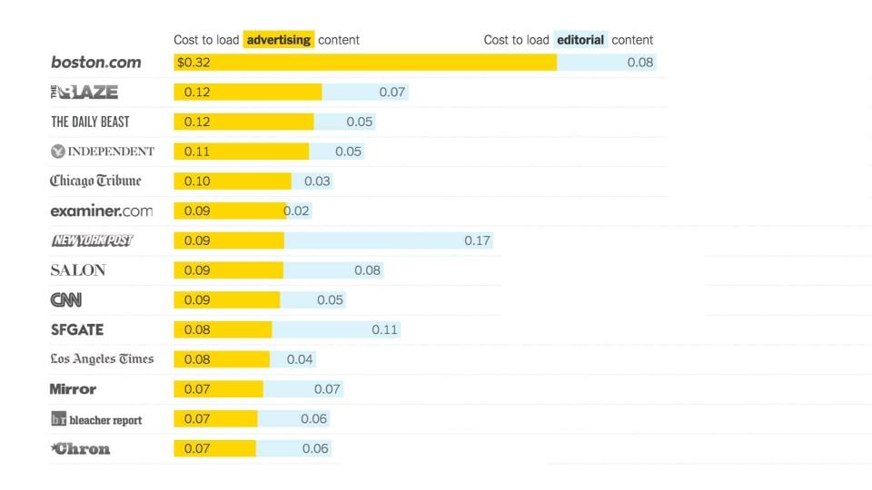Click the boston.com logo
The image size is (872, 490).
(95, 63)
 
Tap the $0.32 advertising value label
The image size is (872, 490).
(192, 63)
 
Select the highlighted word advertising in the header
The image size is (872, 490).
(279, 40)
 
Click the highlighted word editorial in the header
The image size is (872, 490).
(580, 40)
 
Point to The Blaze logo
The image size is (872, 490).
(84, 92)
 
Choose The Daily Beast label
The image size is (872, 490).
(90, 122)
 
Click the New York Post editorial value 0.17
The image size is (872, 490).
(477, 240)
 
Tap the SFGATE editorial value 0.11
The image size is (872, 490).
(384, 329)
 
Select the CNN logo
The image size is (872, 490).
(65, 299)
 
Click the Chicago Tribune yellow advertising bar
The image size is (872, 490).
(233, 181)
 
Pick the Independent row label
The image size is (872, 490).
(102, 152)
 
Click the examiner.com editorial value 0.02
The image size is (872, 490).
(297, 211)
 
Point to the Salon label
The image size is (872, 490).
(78, 270)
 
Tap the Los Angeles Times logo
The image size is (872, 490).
(102, 359)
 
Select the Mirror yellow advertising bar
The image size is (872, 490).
(218, 389)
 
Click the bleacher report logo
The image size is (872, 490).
(96, 419)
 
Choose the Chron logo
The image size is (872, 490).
(81, 448)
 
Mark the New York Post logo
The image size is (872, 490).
(92, 240)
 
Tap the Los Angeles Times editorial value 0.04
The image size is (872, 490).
(300, 359)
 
